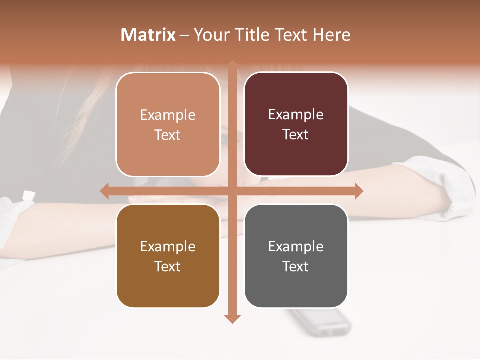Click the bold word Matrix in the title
point(148,35)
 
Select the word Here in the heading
point(332,35)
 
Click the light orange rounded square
point(168,124)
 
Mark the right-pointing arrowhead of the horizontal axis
point(358,191)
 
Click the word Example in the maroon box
point(296,115)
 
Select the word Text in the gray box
point(296,266)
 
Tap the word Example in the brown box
point(168,247)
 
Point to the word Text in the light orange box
point(168,135)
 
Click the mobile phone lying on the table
point(320,322)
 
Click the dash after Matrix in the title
point(184,35)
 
